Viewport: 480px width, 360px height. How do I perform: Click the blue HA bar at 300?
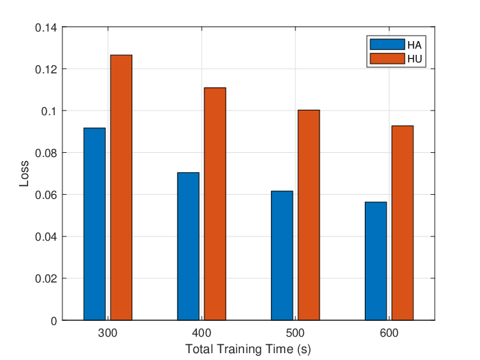point(95,224)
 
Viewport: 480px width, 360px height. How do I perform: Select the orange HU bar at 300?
point(121,188)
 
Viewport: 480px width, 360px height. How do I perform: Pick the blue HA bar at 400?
point(189,246)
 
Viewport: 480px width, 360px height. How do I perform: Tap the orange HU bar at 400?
point(215,204)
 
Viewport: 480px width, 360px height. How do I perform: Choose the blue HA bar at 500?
point(282,256)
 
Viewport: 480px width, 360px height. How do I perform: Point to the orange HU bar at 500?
point(309,215)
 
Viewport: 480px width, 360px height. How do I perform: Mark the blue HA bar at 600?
point(376,261)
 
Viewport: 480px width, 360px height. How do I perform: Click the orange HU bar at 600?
point(403,223)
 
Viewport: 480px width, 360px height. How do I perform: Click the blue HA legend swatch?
point(387,45)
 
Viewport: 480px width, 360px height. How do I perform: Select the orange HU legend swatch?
point(387,58)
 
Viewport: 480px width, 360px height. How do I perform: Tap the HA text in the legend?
point(414,45)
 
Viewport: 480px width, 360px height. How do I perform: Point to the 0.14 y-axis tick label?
point(46,28)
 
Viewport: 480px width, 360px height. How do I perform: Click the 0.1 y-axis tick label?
point(49,111)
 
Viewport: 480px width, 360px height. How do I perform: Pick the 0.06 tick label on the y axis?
point(46,195)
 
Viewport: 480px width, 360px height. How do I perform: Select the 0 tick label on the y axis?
point(54,321)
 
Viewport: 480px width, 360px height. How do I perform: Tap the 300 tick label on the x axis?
point(108,333)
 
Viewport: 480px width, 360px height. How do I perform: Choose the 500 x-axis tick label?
point(295,333)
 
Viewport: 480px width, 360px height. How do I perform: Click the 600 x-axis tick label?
point(389,333)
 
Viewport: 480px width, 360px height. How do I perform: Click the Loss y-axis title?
point(24,173)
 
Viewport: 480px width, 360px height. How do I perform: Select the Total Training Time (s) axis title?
point(248,349)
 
